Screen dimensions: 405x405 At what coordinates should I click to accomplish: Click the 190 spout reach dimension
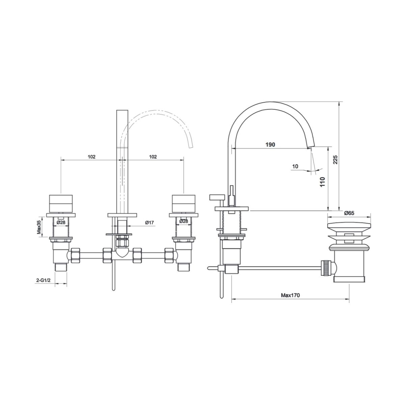[x=270, y=144]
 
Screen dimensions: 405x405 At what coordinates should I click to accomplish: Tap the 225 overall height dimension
[x=335, y=160]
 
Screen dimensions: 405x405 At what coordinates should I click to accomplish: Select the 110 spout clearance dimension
[x=323, y=182]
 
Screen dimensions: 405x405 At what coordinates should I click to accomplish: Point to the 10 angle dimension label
[x=295, y=166]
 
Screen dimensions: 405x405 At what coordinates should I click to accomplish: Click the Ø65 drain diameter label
[x=349, y=213]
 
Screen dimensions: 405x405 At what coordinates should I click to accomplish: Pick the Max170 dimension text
[x=290, y=295]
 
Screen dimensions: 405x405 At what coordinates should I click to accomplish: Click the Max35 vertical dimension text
[x=39, y=227]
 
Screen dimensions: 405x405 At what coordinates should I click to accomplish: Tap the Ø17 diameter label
[x=149, y=222]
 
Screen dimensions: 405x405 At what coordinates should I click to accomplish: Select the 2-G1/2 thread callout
[x=43, y=280]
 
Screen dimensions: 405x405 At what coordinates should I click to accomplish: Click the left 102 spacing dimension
[x=91, y=157]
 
